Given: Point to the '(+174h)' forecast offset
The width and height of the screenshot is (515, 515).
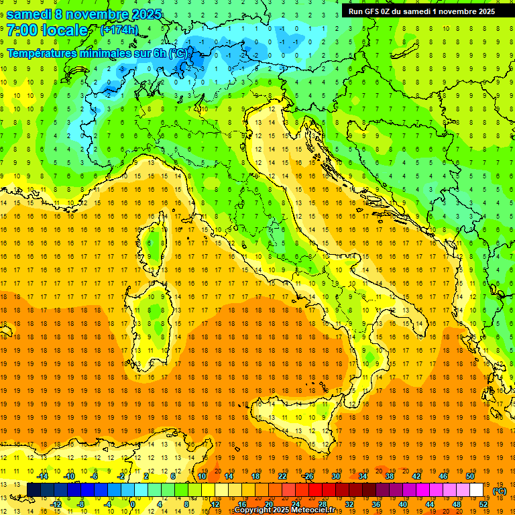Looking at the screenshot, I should pos(119,30).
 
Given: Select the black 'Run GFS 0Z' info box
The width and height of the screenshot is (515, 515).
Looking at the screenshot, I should pos(422,11).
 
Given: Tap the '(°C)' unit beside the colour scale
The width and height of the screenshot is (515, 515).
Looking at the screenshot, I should pos(500,491).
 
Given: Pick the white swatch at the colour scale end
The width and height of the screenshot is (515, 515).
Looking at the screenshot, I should pos(477,490).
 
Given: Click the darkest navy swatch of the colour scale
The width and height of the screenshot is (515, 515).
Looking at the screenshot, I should pos(34,490).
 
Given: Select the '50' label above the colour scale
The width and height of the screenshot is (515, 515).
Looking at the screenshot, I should pos(470,476).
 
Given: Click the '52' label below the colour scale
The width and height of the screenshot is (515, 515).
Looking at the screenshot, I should pos(483,504).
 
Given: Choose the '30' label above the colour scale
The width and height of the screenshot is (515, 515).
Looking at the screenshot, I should pos(336,476).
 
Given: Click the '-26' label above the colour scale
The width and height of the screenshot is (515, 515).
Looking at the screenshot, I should pos(308,476).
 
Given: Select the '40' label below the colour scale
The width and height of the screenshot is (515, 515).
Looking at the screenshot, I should pos(403,504).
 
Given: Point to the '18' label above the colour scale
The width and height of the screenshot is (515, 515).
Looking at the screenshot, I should pos(255,476).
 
